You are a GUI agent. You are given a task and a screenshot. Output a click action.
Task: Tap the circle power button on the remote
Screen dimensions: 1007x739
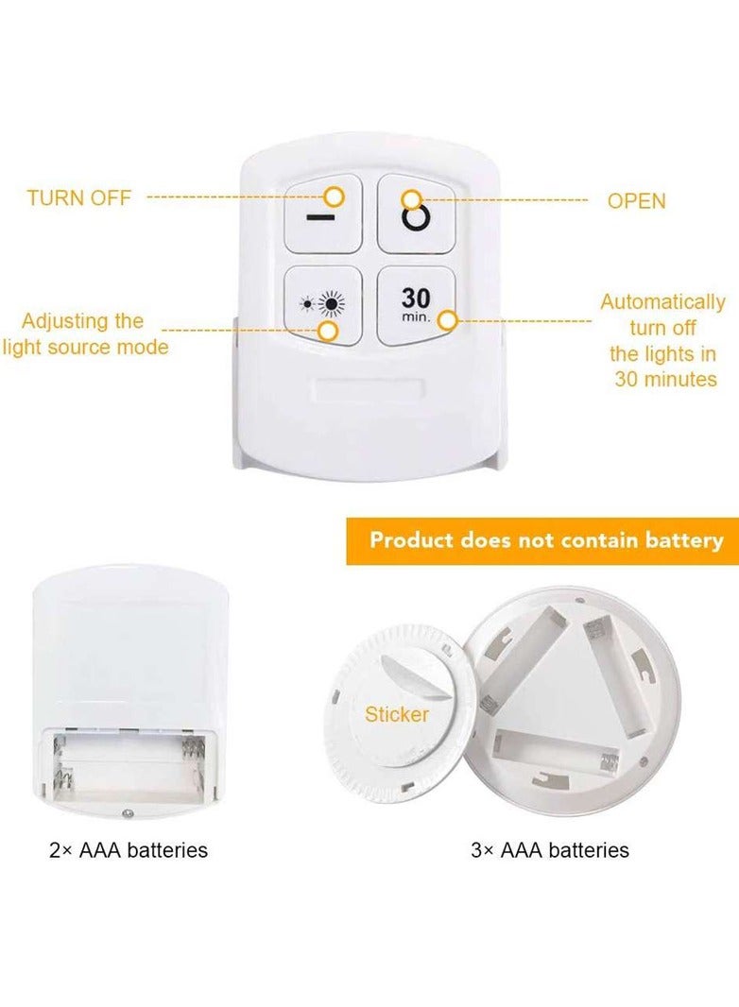(x=417, y=218)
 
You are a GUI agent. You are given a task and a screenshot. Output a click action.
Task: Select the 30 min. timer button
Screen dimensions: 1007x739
(x=416, y=304)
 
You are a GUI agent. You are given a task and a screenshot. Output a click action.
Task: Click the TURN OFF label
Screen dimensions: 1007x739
(x=78, y=198)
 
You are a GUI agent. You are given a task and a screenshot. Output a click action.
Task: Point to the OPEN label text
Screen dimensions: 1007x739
(x=636, y=201)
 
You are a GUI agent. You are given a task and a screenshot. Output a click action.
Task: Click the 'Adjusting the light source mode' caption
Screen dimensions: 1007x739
(x=84, y=333)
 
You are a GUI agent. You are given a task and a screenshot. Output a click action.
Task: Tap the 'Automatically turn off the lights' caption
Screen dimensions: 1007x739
(x=662, y=340)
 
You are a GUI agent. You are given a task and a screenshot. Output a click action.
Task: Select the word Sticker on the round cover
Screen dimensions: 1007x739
(x=397, y=715)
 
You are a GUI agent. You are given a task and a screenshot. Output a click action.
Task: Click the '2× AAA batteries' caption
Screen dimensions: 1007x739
(x=129, y=850)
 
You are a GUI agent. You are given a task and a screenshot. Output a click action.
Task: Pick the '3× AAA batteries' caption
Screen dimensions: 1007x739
(x=550, y=850)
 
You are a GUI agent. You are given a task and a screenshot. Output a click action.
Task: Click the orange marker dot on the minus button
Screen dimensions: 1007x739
(x=334, y=196)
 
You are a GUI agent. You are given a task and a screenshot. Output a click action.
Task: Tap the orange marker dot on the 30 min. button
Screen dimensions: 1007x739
(x=448, y=321)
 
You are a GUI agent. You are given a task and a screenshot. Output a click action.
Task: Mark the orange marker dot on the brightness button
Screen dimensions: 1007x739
(x=328, y=331)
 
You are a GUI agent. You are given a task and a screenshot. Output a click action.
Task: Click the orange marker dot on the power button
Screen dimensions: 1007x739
(x=411, y=199)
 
